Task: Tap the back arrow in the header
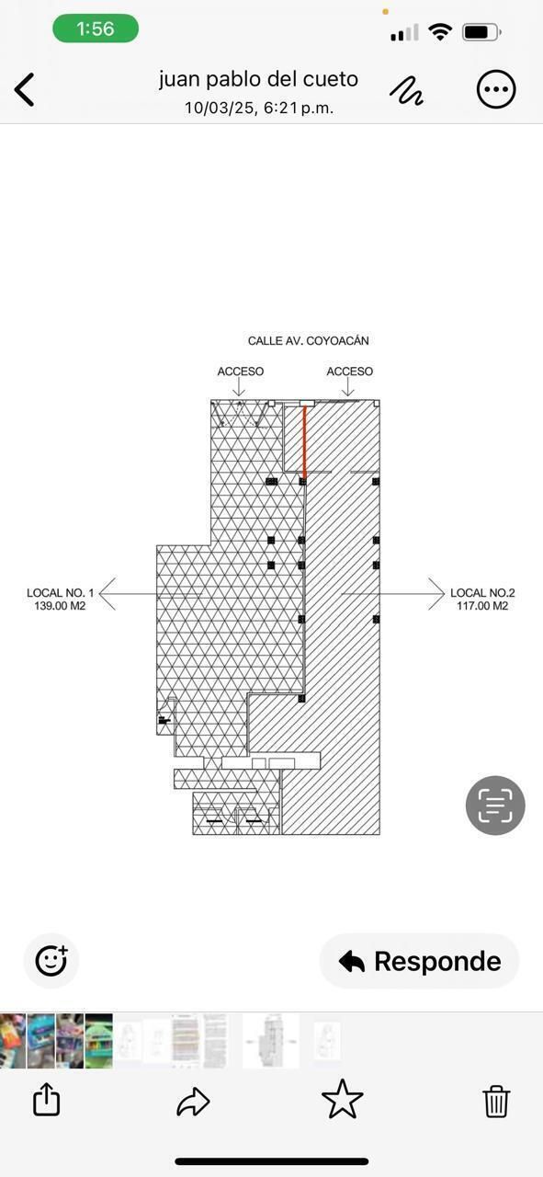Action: [24, 89]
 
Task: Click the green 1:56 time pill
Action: [96, 29]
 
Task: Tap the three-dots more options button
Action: [496, 89]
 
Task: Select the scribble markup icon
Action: [406, 90]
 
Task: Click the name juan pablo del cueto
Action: [258, 79]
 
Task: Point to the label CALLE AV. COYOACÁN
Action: [309, 340]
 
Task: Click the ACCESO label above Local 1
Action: [241, 371]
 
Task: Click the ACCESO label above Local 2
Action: [350, 371]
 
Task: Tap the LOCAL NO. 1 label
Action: [60, 593]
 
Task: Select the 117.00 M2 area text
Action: [482, 606]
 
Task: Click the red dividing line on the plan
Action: [304, 441]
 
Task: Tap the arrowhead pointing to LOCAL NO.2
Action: [437, 594]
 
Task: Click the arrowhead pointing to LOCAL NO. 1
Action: [107, 594]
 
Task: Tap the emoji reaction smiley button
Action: [51, 961]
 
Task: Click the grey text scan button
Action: [495, 805]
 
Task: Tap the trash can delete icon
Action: [496, 1101]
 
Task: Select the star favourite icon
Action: [343, 1099]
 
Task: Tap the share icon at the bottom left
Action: [46, 1099]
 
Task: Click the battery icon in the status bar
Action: [481, 32]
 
